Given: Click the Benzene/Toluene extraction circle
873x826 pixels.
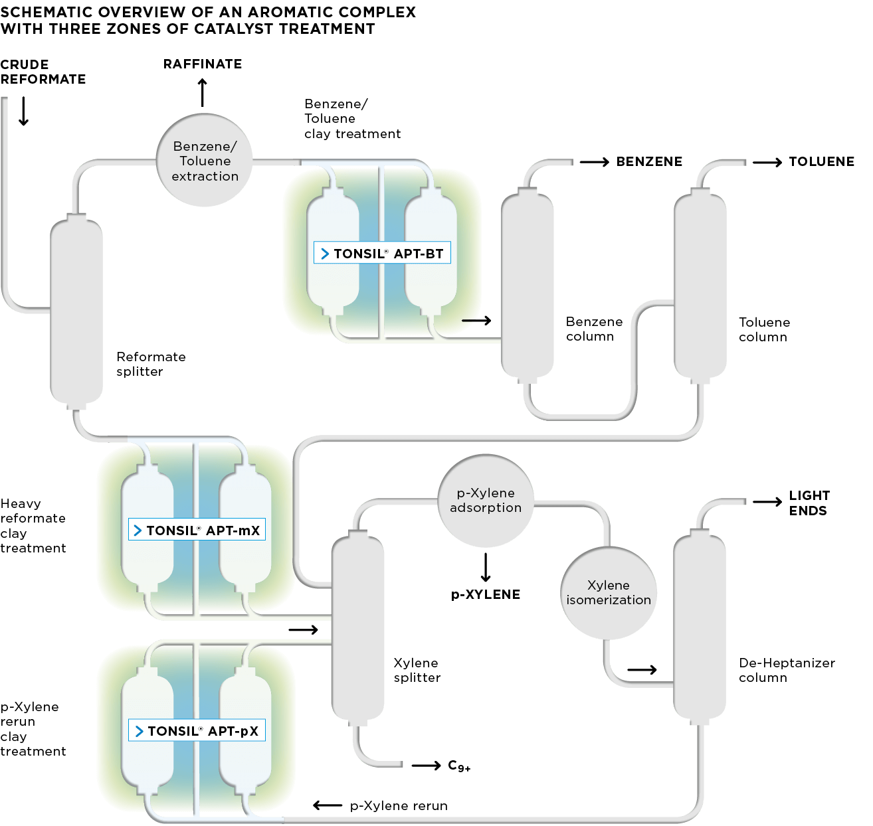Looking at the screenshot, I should [205, 161].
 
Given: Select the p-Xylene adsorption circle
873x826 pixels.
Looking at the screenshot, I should [486, 501].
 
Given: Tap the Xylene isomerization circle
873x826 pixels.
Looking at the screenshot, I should [609, 593].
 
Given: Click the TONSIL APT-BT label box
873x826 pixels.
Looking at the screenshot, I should [382, 253].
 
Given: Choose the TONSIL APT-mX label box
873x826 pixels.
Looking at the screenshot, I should [197, 530].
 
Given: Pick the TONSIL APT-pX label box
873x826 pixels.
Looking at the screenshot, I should [197, 730].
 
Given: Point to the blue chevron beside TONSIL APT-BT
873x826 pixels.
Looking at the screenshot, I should [325, 254].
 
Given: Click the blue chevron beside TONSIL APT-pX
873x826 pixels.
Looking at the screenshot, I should [139, 731].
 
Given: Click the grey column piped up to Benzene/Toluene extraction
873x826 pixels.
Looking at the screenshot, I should [77, 312].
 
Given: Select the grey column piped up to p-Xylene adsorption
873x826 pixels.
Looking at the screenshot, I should [357, 627].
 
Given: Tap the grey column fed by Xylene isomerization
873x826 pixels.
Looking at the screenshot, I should [700, 627].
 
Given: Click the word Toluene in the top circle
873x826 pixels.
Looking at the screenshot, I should [205, 161].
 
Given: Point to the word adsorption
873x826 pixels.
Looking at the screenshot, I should [486, 508].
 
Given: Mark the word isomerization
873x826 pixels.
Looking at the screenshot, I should [609, 600].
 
